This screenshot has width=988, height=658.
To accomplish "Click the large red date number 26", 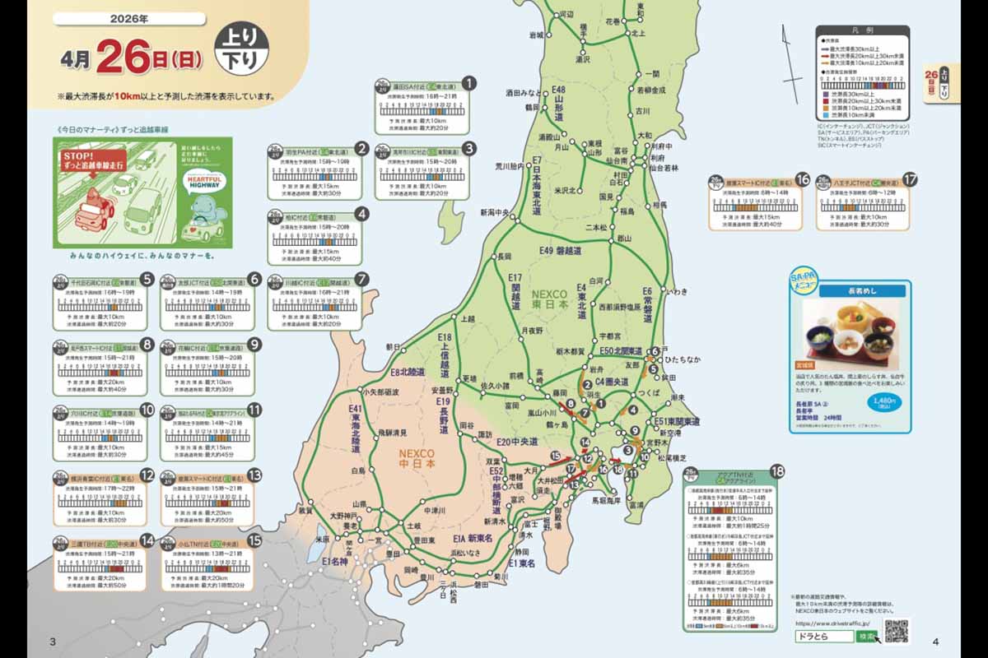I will click(123, 58).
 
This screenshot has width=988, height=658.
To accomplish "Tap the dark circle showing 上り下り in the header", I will click(240, 50).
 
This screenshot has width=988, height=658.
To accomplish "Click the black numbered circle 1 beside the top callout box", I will click(469, 83).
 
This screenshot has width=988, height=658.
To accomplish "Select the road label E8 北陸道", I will click(407, 373).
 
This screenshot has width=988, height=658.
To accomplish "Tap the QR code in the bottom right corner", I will click(897, 632).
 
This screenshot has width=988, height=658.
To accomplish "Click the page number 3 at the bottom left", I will click(54, 642).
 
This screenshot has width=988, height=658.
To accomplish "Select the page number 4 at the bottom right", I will click(936, 642).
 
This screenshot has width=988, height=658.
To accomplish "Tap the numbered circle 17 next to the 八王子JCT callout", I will click(909, 180).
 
